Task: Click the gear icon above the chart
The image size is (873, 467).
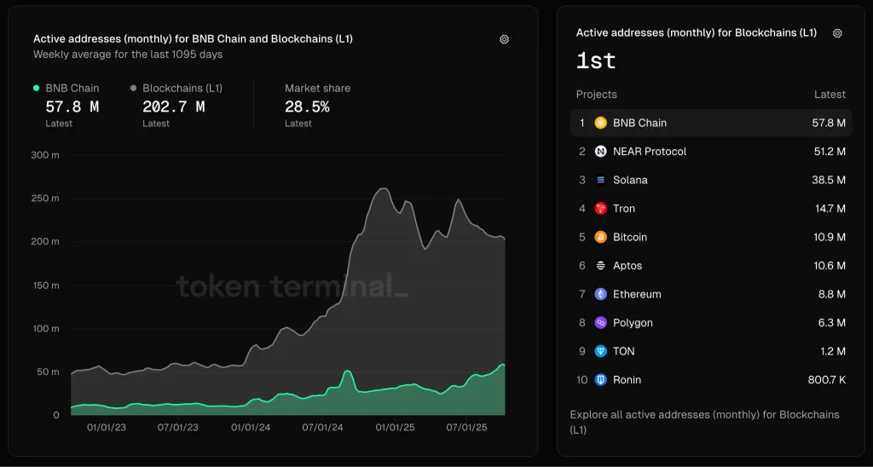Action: pyautogui.click(x=504, y=39)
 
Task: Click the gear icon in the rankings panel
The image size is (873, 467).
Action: pyautogui.click(x=837, y=33)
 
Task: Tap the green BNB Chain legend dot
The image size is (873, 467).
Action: pyautogui.click(x=36, y=88)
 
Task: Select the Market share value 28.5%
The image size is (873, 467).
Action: pyautogui.click(x=307, y=107)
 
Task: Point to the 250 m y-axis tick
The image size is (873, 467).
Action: pyautogui.click(x=44, y=199)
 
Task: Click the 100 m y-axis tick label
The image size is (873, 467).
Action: pyautogui.click(x=44, y=328)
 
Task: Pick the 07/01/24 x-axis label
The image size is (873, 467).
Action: pyautogui.click(x=324, y=427)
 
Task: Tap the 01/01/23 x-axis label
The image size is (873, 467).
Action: pyautogui.click(x=107, y=427)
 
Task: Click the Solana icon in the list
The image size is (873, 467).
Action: pyautogui.click(x=601, y=180)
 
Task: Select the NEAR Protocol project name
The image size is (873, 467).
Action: pyautogui.click(x=650, y=152)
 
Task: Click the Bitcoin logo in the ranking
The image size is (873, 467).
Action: pyautogui.click(x=601, y=237)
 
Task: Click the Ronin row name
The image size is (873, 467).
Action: pyautogui.click(x=627, y=380)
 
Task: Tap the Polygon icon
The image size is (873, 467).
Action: pyautogui.click(x=601, y=323)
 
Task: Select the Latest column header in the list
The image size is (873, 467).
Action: pyautogui.click(x=830, y=95)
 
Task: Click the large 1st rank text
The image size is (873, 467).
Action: pyautogui.click(x=596, y=61)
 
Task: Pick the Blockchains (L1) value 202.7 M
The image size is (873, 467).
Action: pyautogui.click(x=173, y=107)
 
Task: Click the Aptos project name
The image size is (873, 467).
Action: pyautogui.click(x=627, y=266)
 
